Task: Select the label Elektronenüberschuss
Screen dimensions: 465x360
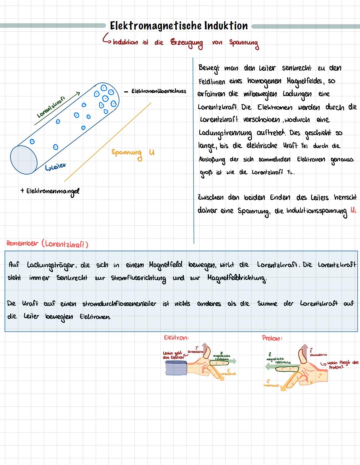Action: pyautogui.click(x=159, y=91)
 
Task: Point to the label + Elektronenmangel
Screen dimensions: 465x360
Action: pyautogui.click(x=50, y=191)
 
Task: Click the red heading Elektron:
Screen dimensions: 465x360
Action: pyautogui.click(x=176, y=338)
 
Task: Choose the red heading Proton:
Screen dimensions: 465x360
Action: pyautogui.click(x=272, y=338)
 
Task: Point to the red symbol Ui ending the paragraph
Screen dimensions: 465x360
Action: pyautogui.click(x=353, y=211)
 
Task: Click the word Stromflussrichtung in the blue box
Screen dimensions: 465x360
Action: pyautogui.click(x=139, y=278)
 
